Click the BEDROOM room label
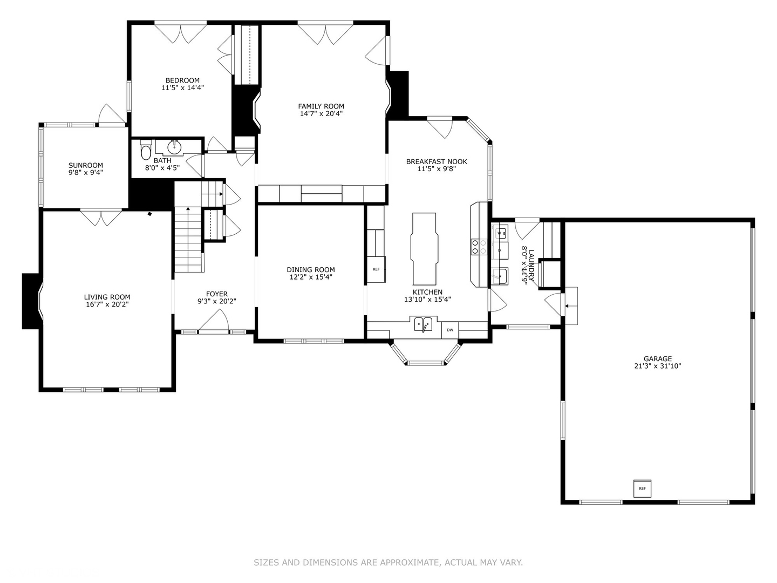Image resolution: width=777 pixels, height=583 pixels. tap(182, 80)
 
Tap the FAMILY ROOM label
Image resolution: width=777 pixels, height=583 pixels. tap(321, 106)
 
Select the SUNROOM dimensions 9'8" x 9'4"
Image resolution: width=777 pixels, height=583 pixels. tap(85, 173)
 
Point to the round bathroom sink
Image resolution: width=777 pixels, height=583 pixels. tap(174, 146)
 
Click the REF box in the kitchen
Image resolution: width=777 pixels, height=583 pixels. tap(376, 269)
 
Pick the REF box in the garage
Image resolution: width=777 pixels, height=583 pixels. tap(642, 488)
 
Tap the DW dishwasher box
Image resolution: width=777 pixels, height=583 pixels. tap(449, 329)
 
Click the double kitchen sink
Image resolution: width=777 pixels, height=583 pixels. tap(423, 324)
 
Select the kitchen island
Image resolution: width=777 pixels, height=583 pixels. tap(424, 248)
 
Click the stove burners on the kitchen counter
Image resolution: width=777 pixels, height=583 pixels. tap(479, 247)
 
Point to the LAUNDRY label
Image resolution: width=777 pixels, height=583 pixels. tap(531, 265)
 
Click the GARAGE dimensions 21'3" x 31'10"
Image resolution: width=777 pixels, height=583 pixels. tap(657, 366)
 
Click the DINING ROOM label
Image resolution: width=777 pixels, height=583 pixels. tap(310, 269)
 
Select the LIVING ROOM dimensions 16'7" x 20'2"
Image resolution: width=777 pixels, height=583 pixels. tap(107, 304)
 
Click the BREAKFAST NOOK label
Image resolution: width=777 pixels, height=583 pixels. tap(437, 161)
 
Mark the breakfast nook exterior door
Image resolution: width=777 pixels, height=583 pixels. tap(440, 127)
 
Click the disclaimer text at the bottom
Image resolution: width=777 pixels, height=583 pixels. tap(388, 562)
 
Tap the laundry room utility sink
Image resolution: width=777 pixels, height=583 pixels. tap(500, 276)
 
